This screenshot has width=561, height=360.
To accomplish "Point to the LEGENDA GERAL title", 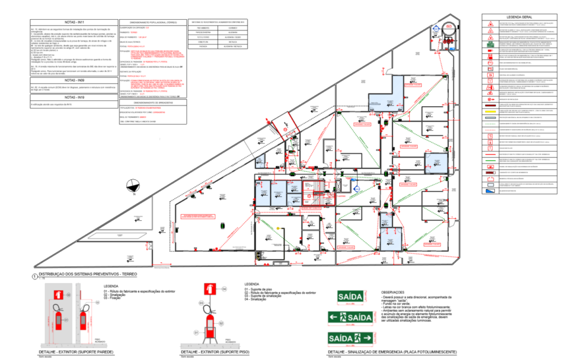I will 519,18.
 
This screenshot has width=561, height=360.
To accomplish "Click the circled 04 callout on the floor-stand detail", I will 224,288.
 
